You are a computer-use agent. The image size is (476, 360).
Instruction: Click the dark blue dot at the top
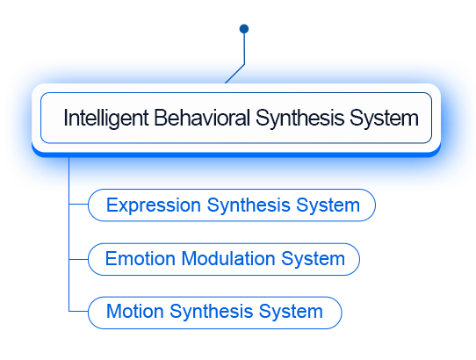tap(244, 29)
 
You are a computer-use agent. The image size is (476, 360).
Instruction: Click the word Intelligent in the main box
tap(106, 119)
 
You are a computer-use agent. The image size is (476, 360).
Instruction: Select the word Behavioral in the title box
tap(202, 118)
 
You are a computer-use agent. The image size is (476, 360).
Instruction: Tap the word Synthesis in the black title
tap(299, 119)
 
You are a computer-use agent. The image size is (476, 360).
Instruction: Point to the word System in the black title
tap(384, 119)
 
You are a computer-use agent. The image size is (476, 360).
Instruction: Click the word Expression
tap(154, 205)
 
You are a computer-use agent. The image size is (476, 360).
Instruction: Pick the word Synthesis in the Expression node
tap(249, 205)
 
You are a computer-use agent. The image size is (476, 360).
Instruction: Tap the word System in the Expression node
tap(328, 205)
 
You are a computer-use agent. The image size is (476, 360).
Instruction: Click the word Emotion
tap(141, 259)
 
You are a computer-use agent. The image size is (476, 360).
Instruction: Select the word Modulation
tap(228, 259)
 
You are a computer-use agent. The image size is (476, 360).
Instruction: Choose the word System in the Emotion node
tap(313, 260)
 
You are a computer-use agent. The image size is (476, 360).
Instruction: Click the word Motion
tap(135, 312)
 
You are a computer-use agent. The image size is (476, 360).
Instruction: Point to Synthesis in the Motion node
tap(212, 313)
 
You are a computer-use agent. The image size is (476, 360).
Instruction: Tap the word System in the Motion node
tap(291, 313)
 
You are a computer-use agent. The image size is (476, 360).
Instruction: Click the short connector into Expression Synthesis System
tap(79, 204)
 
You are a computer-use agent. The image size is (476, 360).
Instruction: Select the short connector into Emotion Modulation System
tap(79, 260)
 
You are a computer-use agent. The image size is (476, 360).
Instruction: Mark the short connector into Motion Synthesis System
tap(79, 311)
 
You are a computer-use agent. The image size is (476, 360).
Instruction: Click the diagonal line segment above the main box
tap(234, 74)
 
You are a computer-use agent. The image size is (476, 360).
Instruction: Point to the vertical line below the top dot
tap(244, 48)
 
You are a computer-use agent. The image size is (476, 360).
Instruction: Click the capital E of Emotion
tap(110, 259)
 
